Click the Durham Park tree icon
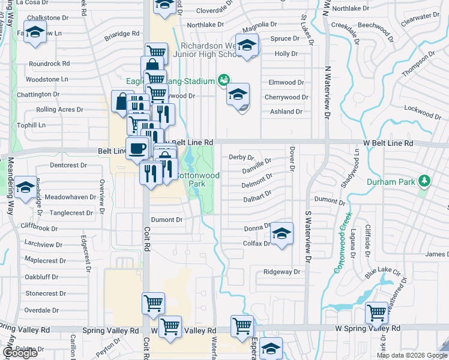425,181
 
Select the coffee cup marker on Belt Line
137,148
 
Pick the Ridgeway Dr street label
281,272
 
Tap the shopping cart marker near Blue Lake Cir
376,312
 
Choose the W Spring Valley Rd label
367,329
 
